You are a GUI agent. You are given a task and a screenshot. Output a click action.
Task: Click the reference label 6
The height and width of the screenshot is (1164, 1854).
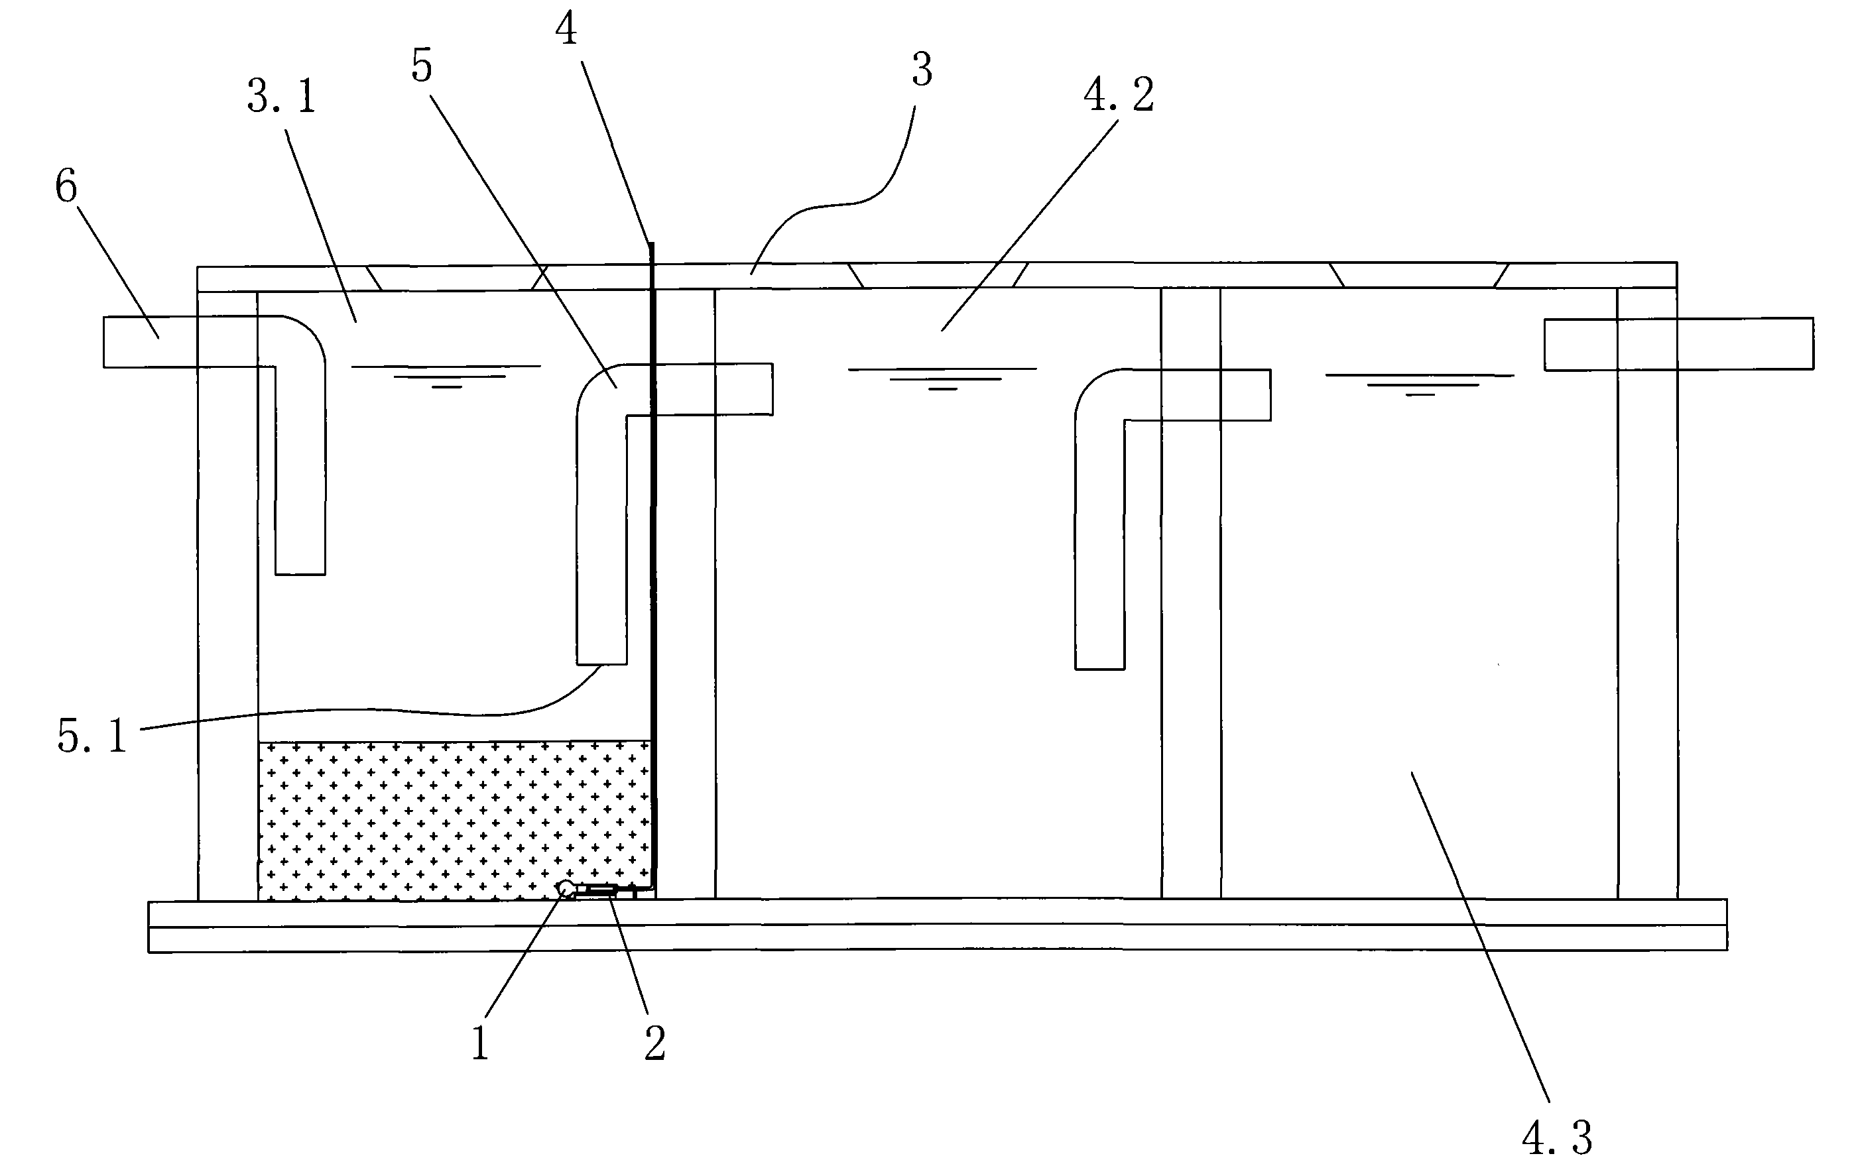66,188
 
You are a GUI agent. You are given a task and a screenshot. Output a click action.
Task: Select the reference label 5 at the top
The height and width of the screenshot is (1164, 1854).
421,66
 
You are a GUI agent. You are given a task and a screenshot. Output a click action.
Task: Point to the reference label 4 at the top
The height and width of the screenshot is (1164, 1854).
566,30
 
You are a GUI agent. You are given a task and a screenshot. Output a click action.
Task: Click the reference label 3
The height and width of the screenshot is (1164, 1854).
922,71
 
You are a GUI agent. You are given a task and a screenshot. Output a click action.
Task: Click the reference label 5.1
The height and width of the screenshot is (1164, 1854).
92,736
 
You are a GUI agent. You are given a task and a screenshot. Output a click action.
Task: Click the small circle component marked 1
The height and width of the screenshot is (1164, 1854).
566,889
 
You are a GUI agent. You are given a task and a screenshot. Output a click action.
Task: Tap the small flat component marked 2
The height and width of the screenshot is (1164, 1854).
601,892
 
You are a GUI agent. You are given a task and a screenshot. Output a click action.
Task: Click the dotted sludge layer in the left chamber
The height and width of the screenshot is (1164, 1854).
454,819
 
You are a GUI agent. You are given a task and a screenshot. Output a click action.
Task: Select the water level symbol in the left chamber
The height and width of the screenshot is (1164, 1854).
446,376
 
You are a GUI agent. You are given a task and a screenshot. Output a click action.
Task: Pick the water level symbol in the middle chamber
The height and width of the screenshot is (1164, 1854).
942,378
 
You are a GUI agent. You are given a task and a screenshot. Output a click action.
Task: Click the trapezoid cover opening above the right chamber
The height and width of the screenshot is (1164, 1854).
1419,275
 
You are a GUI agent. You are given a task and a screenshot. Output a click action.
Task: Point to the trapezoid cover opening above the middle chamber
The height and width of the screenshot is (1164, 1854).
938,275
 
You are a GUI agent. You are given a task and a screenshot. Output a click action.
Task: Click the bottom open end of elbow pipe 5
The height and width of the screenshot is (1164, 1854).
602,663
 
